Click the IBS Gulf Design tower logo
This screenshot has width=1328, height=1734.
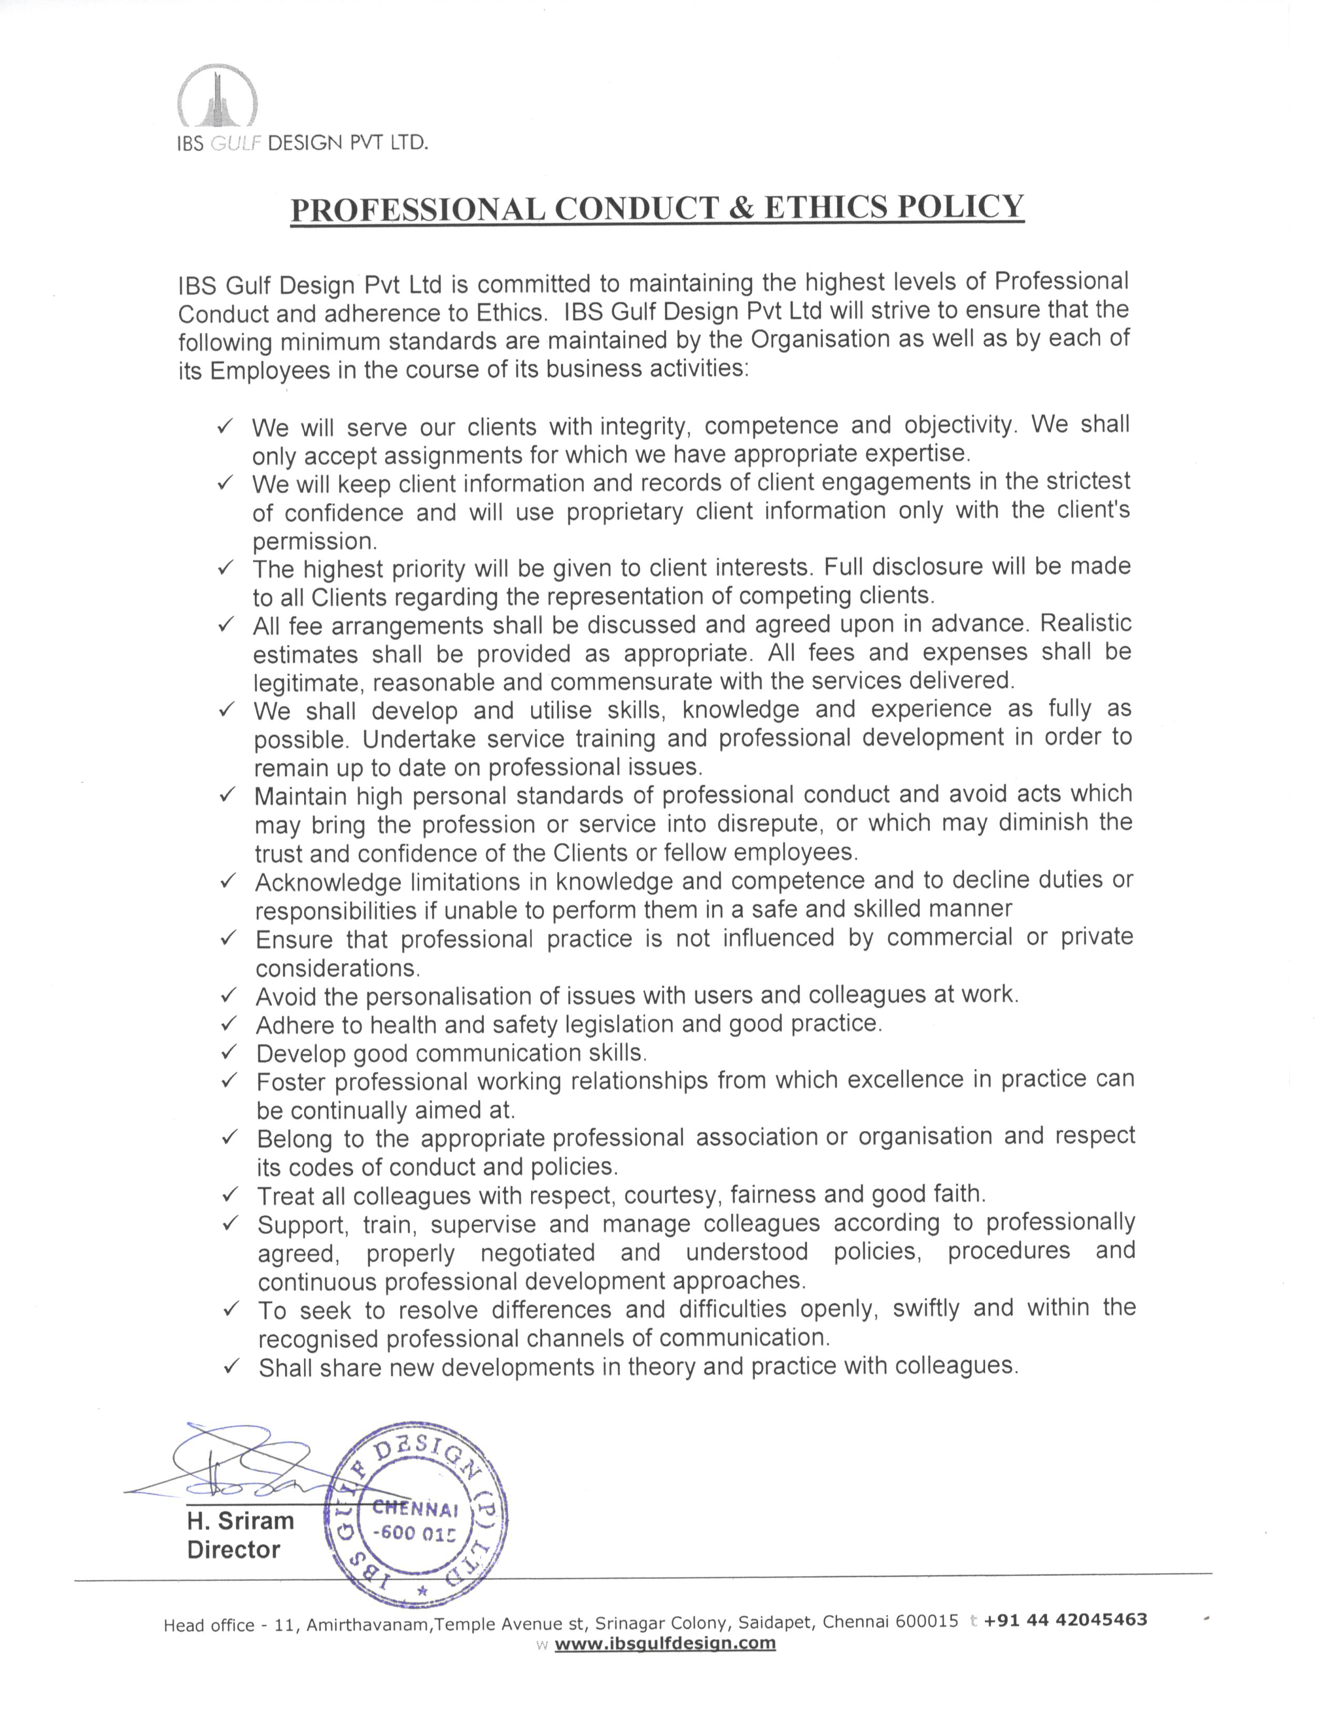coord(216,97)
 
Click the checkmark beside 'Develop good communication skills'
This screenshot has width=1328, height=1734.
coord(229,1052)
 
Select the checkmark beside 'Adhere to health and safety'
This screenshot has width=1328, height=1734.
coord(229,1024)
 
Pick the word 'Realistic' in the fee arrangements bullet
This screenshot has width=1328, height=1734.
coord(1085,623)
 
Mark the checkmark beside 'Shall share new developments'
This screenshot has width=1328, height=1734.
coord(231,1366)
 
